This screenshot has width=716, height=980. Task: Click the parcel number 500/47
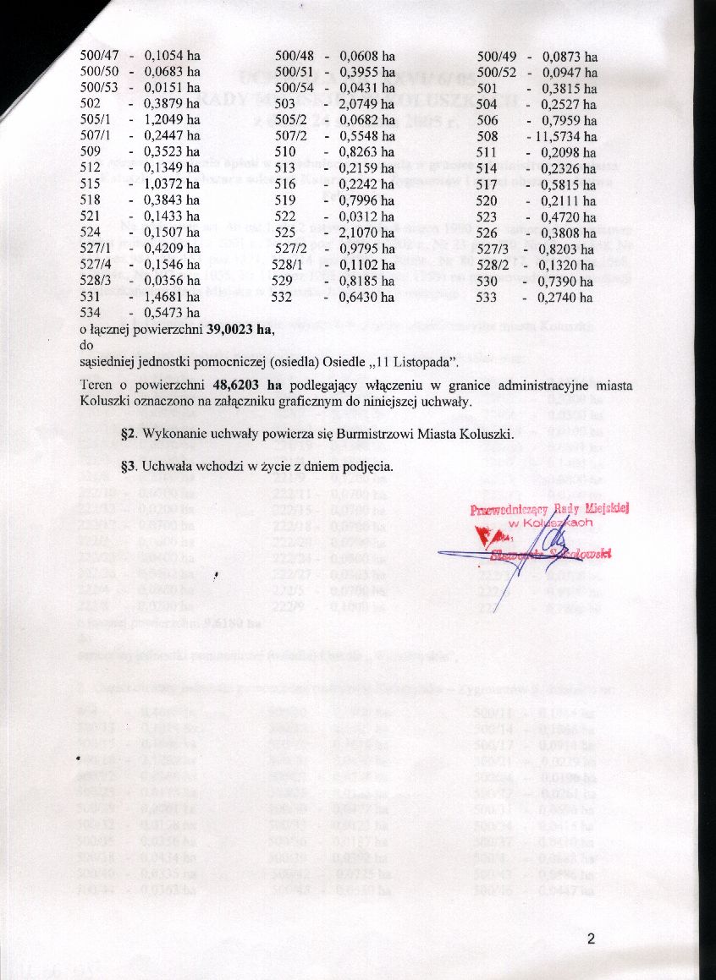coord(99,57)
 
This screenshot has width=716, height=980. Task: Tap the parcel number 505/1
coord(96,120)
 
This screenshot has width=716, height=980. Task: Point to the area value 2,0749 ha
coord(367,104)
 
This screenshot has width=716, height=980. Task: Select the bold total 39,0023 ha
coord(240,330)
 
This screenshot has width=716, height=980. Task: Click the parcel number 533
coord(488,297)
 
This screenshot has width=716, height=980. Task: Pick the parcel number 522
coord(286,216)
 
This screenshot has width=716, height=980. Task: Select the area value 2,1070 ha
coord(367,233)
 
